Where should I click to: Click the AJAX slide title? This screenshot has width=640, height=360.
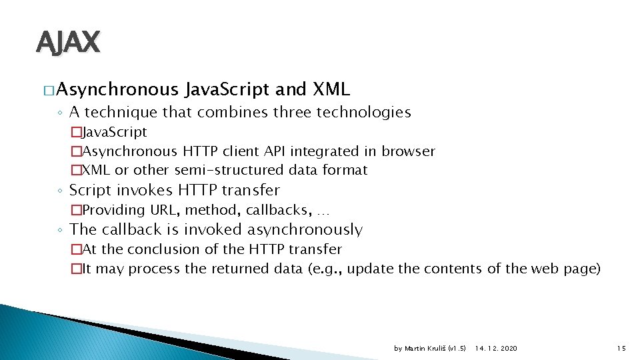point(67,42)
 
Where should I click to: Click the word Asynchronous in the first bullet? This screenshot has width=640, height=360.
point(117,89)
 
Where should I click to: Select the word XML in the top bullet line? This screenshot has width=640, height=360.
point(331,89)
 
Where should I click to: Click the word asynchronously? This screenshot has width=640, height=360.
point(305,230)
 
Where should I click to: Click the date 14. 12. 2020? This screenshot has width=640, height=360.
point(496,349)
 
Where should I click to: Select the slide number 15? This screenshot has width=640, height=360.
point(621,349)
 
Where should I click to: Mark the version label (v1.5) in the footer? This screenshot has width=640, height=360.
point(457,349)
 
